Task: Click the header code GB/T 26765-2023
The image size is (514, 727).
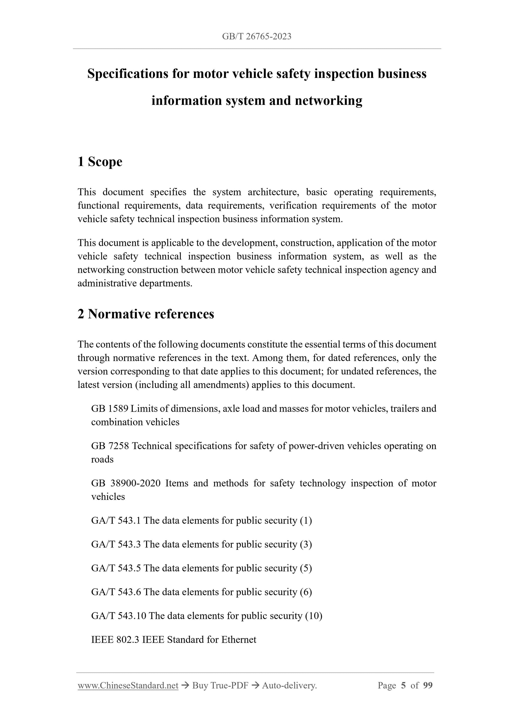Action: pos(256,36)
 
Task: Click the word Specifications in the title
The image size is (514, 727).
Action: pos(128,74)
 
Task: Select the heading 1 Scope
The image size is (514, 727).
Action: pos(100,162)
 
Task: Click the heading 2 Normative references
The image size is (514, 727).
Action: pos(146,314)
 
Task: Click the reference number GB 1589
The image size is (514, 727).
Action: pos(110,409)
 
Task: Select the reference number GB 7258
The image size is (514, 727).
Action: pos(110,446)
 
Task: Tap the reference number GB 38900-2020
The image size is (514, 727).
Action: pos(126,483)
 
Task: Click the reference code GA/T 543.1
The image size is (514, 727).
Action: pos(116,520)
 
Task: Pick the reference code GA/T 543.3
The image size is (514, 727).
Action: pos(116,544)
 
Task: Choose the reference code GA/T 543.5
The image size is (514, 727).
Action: pos(116,568)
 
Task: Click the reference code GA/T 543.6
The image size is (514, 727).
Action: pos(116,592)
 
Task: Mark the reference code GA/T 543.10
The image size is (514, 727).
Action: pos(118,616)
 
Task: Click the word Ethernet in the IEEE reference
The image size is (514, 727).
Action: pos(239,640)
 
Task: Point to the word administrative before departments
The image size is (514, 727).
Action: pos(107,283)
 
